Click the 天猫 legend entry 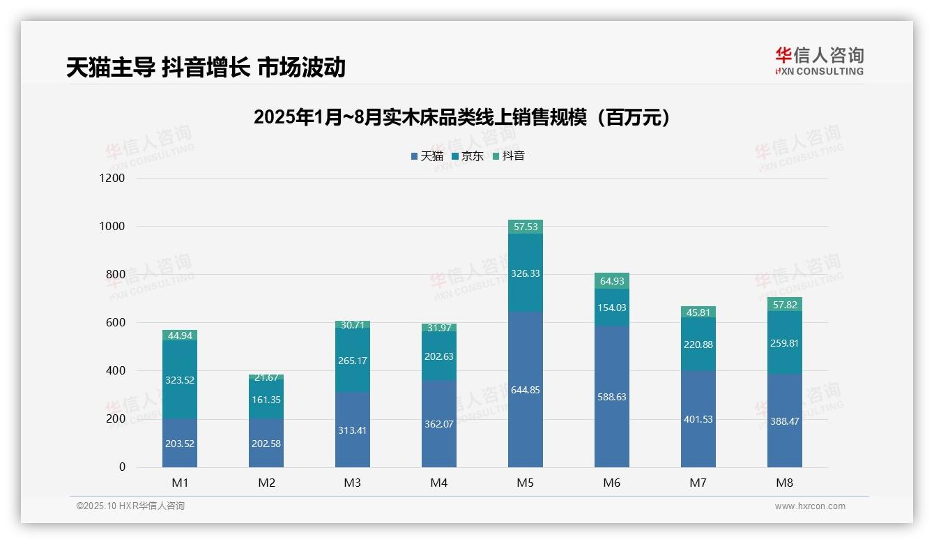427,156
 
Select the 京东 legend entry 467,156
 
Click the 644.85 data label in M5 526,390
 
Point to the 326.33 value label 526,273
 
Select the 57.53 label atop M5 526,227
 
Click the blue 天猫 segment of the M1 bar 180,443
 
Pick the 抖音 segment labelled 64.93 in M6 612,281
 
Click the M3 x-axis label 353,483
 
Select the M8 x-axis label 785,483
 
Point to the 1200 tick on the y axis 112,179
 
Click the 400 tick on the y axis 115,371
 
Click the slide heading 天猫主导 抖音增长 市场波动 206,67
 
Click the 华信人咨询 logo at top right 819,61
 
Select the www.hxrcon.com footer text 810,506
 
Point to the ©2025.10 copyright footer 130,506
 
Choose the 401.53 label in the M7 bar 698,419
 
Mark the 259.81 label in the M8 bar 785,343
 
